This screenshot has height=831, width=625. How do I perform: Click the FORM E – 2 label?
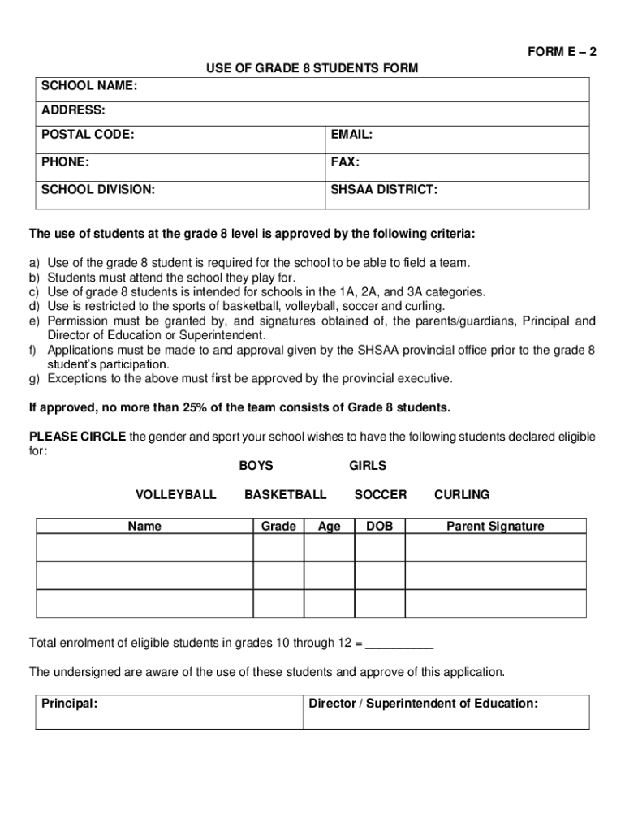562,53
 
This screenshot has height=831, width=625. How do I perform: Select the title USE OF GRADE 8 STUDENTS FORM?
312,68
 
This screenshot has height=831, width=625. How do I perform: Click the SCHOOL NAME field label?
89,84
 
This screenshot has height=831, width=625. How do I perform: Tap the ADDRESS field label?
73,110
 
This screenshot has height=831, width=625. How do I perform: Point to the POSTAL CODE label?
88,135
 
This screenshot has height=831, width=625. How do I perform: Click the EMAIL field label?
351,135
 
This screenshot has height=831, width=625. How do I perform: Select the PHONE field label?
66,161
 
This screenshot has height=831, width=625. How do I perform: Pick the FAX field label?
345,161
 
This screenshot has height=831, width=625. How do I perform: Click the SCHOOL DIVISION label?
98,190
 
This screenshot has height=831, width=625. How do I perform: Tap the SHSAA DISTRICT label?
384,190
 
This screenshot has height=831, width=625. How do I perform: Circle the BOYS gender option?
256,466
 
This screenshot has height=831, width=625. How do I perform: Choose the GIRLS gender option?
368,466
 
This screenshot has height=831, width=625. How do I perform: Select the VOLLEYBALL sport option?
176,494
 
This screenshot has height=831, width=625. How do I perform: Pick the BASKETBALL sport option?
286,494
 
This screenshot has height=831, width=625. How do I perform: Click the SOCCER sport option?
381,494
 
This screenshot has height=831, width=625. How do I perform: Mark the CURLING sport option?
462,494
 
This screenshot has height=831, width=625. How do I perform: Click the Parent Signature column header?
495,526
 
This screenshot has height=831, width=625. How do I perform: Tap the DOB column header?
379,526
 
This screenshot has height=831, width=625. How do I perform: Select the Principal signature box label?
70,704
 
